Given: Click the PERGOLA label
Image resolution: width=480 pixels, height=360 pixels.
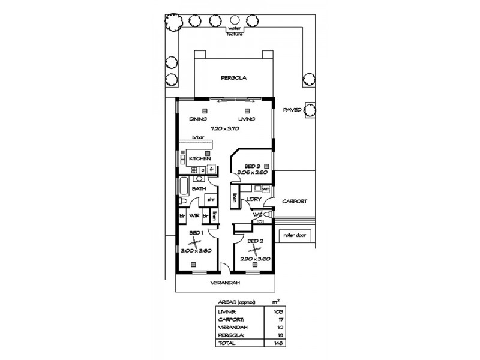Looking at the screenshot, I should (234, 78).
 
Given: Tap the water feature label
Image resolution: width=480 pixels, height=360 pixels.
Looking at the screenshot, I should (234, 31).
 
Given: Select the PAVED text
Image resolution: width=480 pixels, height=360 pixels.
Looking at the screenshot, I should (292, 110).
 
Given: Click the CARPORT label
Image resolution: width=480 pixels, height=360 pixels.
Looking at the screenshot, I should (295, 202).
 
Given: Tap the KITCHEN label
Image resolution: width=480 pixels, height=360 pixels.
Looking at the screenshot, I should (199, 158).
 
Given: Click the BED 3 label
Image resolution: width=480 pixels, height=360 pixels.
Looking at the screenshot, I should (252, 166).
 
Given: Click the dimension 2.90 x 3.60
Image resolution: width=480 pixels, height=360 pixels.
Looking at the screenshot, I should (254, 258).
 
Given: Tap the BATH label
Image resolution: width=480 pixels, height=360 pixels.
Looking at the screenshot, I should (199, 189).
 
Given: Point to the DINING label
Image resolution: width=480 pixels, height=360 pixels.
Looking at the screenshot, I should (198, 119).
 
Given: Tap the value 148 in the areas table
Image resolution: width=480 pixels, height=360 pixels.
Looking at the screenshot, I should (277, 344).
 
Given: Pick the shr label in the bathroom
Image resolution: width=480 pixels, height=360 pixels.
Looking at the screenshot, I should (211, 199).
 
